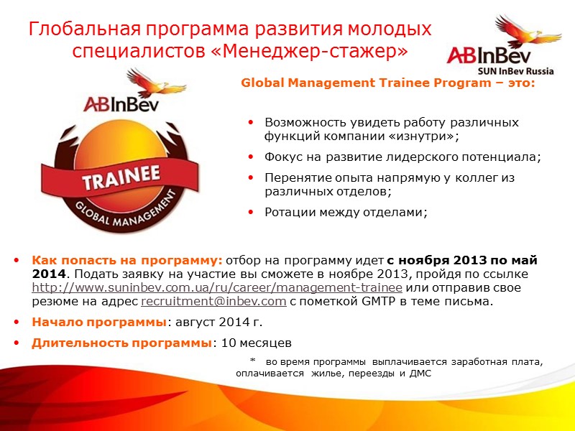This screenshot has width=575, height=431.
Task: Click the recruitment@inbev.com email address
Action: (213, 302)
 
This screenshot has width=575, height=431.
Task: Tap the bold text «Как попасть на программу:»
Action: (127, 260)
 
